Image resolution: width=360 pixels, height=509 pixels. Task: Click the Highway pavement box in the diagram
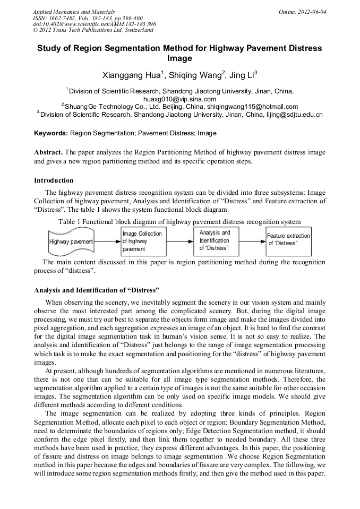tap(71, 241)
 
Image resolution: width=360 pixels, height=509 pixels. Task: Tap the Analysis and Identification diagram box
tap(215, 240)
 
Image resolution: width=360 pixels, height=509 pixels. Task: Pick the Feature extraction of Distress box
tap(288, 239)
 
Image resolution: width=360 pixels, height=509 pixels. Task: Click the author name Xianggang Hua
tap(131, 75)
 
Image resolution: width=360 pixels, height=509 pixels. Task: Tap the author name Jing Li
tap(243, 75)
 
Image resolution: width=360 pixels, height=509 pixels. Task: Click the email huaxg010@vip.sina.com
tap(179, 99)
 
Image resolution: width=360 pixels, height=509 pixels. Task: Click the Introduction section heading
tap(54, 180)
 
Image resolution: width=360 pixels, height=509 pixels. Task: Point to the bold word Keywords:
tap(51, 133)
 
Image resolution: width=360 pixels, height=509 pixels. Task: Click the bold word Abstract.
tap(49, 152)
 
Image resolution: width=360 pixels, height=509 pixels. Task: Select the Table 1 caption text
tap(179, 221)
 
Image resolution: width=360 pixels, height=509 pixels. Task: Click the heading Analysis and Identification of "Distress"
tap(97, 290)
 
